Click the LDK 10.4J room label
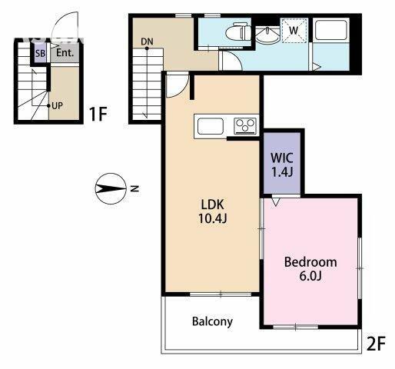(213, 211)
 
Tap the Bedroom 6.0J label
(310, 269)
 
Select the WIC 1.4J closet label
(282, 165)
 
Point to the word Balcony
(212, 321)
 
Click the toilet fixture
(238, 32)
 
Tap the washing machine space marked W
(294, 31)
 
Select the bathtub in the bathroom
(331, 30)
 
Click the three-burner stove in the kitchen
(245, 126)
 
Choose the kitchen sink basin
(211, 126)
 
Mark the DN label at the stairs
(147, 42)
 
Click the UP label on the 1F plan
(57, 105)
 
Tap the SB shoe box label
(40, 54)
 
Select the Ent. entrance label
(65, 53)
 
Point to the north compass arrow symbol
(111, 189)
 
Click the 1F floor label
(98, 114)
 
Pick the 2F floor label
(376, 344)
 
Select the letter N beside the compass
(134, 189)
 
